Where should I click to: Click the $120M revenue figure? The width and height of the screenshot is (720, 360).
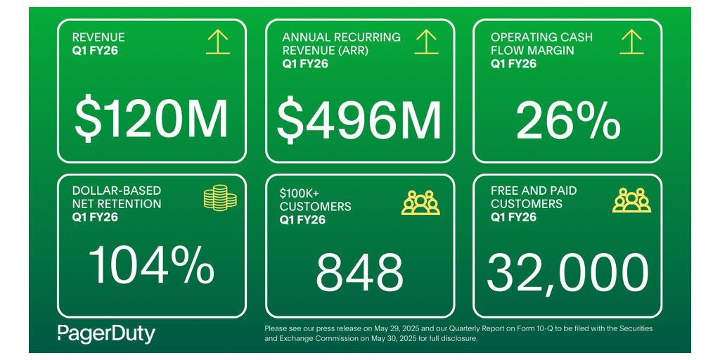click(151, 120)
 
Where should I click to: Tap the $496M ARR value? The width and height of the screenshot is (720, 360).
click(359, 120)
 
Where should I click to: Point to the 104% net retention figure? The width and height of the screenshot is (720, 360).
click(151, 265)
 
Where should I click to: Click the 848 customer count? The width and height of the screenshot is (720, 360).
click(359, 273)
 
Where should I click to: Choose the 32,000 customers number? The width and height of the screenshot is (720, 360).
click(568, 273)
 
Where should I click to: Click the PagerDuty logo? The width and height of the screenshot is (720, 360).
click(106, 333)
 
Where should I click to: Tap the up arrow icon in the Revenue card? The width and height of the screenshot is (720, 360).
click(218, 42)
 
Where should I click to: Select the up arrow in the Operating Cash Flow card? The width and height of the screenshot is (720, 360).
click(632, 42)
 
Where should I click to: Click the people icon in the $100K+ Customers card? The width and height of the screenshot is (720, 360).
click(420, 202)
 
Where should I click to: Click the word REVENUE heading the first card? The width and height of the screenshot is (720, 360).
click(98, 37)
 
